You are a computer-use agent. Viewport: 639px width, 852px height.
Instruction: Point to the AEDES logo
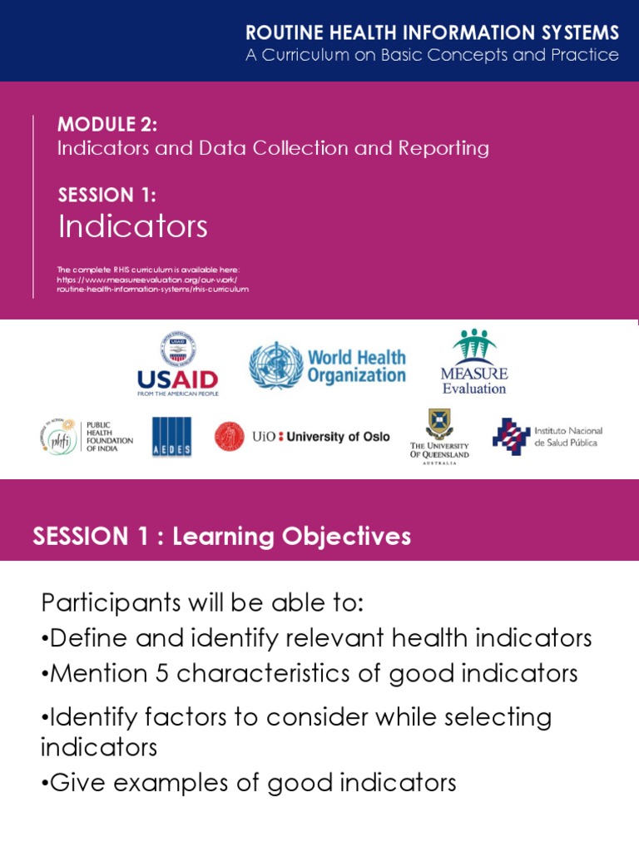(171, 437)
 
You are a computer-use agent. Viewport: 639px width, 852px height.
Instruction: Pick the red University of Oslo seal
(229, 436)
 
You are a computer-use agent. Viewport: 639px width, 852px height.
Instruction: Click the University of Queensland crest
(439, 424)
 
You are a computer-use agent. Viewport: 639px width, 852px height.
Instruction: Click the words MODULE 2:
(107, 125)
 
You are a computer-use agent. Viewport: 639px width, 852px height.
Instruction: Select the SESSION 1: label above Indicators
(106, 196)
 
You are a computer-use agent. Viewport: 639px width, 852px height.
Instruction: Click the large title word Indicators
(132, 226)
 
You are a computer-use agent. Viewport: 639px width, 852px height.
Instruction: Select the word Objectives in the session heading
(343, 537)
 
